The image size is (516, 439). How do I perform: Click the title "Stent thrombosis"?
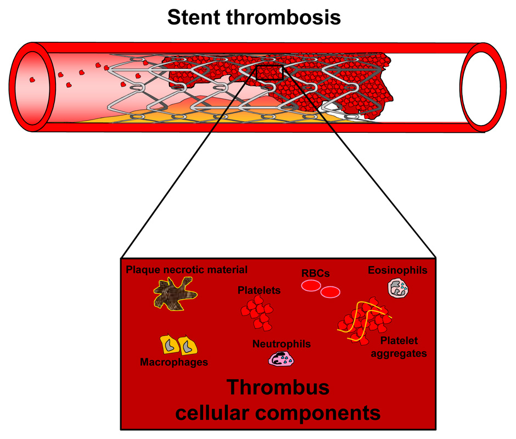click(x=254, y=18)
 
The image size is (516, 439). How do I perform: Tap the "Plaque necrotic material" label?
click(x=187, y=269)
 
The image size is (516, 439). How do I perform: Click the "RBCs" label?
click(x=315, y=273)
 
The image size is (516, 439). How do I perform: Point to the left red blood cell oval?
click(x=311, y=285)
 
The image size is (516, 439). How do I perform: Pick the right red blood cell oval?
click(x=330, y=292)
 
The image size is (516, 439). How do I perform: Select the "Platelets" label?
click(x=259, y=290)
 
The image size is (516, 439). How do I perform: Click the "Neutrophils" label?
click(x=282, y=344)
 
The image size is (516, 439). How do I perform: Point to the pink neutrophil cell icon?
click(x=282, y=359)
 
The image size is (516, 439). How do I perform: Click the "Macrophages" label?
click(x=174, y=362)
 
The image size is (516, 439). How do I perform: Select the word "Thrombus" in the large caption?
click(x=278, y=387)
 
